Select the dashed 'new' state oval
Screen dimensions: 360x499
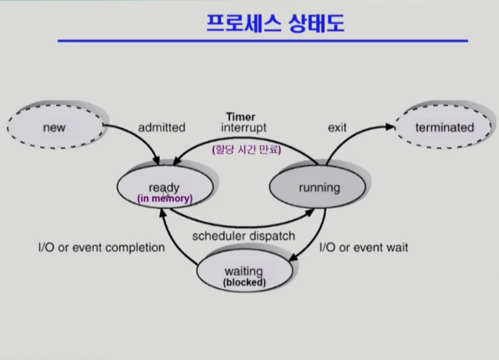tap(55, 126)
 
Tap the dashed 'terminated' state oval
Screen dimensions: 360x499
tap(444, 127)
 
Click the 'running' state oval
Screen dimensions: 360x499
tap(319, 188)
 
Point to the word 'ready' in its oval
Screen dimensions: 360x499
tap(164, 187)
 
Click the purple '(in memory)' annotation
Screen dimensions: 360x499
tap(165, 199)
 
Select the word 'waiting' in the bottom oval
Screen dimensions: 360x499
tap(244, 271)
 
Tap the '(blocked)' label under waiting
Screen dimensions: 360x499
tap(244, 282)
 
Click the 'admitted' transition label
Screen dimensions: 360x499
tap(161, 127)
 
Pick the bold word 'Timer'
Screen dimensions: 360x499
tap(240, 117)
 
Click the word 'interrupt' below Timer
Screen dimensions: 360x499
tap(244, 128)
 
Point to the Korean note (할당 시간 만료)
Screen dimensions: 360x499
tap(246, 149)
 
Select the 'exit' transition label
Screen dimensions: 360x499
tap(337, 127)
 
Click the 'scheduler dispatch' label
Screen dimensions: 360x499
tap(244, 236)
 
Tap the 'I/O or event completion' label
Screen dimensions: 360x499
tap(102, 248)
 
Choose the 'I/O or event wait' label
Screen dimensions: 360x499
tap(363, 248)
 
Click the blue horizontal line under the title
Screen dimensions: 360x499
tap(262, 41)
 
